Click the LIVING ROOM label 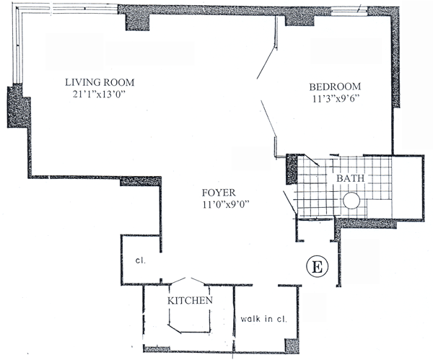[100, 82]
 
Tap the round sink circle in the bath [351, 201]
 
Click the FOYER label [217, 193]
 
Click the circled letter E [315, 265]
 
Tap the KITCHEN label [190, 300]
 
